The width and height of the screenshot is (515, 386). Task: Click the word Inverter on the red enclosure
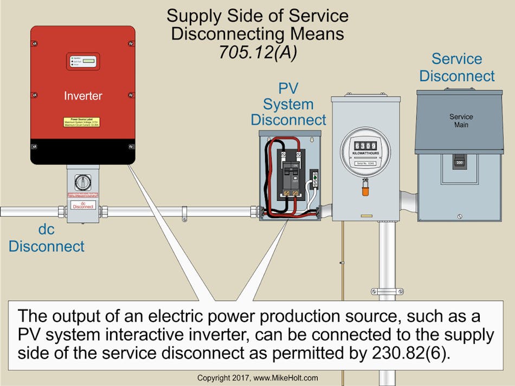click(82, 96)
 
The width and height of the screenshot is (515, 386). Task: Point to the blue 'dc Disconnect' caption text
click(46, 238)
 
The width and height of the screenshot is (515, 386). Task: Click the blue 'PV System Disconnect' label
click(288, 104)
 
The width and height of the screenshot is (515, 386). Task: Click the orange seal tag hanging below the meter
click(365, 191)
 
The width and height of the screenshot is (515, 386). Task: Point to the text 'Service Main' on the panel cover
click(461, 121)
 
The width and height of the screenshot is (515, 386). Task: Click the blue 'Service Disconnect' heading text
click(457, 67)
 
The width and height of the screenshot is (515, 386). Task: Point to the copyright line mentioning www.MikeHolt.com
click(257, 377)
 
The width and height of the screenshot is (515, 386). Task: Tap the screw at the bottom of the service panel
click(460, 216)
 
